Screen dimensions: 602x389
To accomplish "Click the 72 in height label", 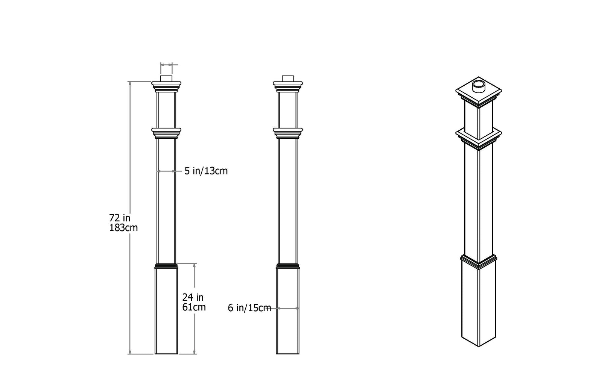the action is tap(120, 218).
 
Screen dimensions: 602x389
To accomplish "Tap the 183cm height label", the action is tap(123, 228).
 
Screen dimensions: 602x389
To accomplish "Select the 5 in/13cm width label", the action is tap(206, 171).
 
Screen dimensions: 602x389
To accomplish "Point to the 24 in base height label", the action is tap(193, 297).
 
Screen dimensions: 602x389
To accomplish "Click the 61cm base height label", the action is tap(194, 307).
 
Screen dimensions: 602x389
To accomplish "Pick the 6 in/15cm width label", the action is tap(249, 308).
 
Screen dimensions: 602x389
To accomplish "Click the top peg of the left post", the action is tap(166, 79).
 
